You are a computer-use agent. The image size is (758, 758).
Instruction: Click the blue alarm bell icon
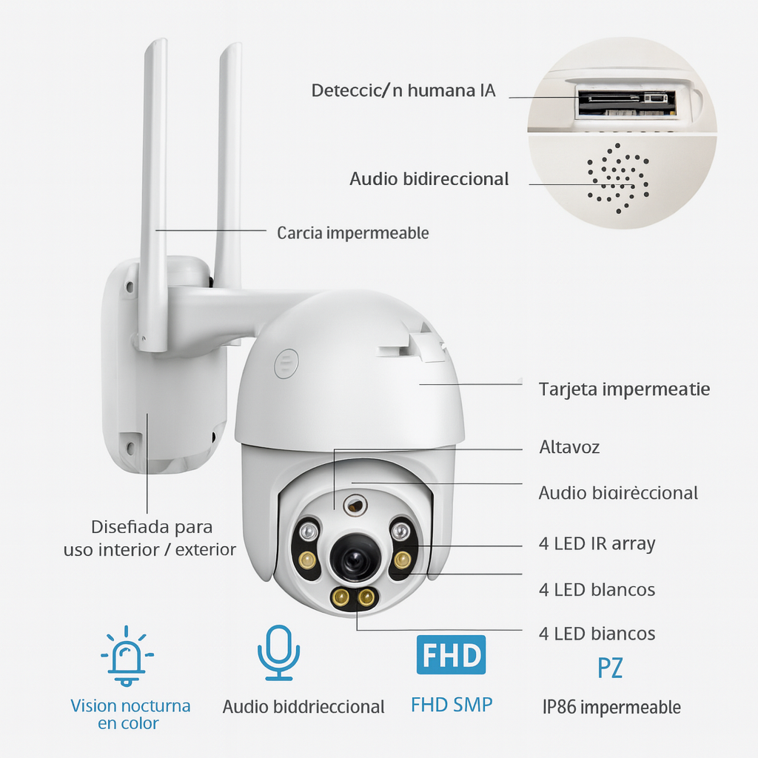point(127,656)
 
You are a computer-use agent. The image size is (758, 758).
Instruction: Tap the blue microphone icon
point(278,651)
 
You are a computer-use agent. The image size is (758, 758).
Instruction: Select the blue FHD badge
point(451,655)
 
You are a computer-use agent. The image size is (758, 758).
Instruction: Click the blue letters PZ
point(610,668)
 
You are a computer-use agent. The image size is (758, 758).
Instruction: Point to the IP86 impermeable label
point(611,707)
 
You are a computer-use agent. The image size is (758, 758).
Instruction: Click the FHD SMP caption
point(451,705)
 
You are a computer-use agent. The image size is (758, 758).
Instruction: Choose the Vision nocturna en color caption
point(130,714)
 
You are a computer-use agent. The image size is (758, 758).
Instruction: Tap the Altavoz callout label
point(569,447)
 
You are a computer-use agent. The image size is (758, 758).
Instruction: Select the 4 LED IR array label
point(597,544)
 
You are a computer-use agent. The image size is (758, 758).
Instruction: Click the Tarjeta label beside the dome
point(624,389)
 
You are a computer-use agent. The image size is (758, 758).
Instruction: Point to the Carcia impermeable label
point(352,233)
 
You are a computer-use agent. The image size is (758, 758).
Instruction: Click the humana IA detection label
point(403,91)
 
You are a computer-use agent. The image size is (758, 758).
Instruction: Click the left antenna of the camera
point(154,192)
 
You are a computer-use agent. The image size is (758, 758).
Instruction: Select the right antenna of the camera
point(228,163)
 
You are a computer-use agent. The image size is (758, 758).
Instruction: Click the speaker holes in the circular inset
point(617,178)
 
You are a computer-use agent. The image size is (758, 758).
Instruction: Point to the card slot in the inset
point(625,100)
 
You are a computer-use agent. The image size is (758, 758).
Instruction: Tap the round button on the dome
point(285,365)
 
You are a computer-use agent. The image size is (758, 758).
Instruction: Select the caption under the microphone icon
point(303,707)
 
